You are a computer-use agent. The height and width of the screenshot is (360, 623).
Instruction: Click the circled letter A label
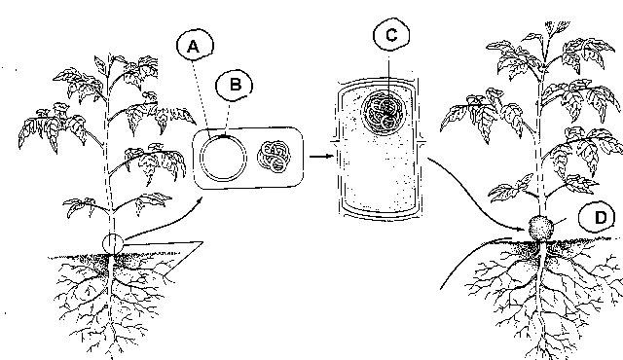click(195, 46)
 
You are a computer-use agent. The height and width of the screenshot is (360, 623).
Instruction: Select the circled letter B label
click(235, 85)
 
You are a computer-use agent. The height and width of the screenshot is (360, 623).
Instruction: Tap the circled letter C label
click(391, 34)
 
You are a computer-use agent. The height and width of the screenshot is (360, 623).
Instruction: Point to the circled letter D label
click(597, 218)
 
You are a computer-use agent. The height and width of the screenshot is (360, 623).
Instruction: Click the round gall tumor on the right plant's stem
click(541, 228)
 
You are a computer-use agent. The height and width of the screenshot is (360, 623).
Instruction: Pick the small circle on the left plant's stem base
click(113, 243)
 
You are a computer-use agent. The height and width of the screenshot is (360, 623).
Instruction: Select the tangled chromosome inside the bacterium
click(275, 157)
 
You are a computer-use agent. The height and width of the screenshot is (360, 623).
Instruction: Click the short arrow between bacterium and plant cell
click(321, 157)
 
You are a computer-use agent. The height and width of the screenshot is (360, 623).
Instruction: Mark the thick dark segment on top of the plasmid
click(225, 136)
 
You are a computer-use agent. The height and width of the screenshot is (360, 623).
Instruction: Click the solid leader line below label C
click(389, 84)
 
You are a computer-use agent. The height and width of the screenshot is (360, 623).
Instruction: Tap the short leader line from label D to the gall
click(560, 222)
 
